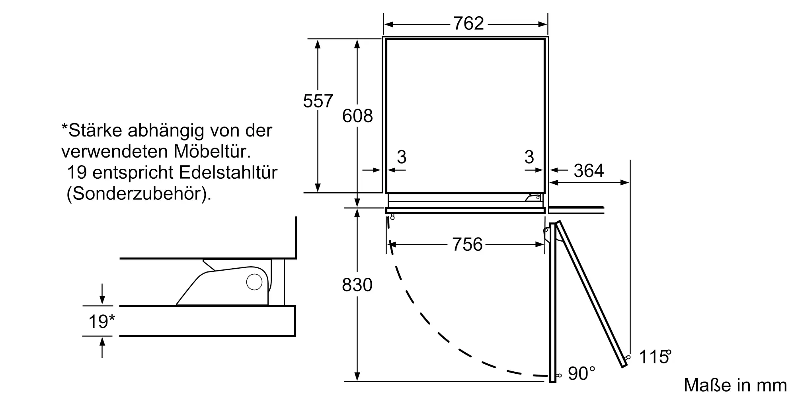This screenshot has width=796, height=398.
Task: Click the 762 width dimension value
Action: [468, 24]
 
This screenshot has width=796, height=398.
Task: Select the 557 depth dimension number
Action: [318, 101]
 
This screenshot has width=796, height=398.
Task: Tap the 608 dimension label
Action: [357, 116]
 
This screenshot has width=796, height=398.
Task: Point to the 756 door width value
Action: [467, 244]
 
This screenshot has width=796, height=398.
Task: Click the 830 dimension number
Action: [357, 285]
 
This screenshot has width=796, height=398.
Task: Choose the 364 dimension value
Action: [588, 171]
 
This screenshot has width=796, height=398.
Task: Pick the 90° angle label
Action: [581, 373]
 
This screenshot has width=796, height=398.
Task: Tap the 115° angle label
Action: [654, 357]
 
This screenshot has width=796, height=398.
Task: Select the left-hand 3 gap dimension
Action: [402, 157]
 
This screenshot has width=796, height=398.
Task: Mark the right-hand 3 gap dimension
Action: [529, 157]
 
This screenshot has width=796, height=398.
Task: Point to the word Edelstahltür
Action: [228, 173]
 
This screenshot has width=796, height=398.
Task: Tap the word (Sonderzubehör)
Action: [139, 194]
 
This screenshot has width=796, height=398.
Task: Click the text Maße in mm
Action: [735, 385]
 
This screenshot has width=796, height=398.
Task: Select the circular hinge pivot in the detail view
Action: [254, 282]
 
